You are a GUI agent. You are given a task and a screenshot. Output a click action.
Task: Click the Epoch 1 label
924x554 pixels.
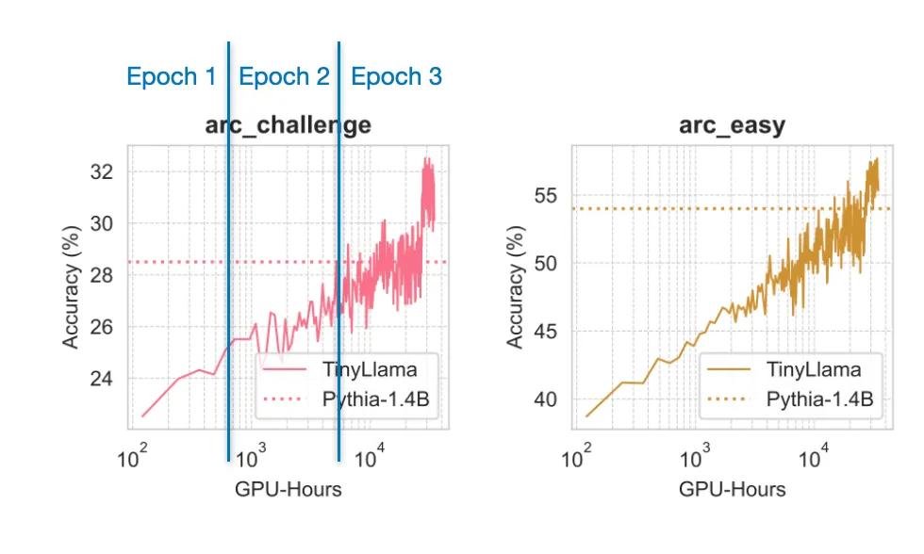(x=172, y=77)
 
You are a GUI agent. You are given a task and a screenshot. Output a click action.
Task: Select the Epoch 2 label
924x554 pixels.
(x=284, y=77)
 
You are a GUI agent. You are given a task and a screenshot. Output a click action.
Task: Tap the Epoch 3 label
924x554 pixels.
(x=396, y=77)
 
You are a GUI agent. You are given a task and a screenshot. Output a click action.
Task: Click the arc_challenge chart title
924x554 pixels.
(x=288, y=125)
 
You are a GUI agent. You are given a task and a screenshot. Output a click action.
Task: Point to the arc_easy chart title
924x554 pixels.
(x=732, y=125)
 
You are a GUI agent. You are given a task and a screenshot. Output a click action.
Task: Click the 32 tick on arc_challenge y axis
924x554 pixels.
(x=100, y=172)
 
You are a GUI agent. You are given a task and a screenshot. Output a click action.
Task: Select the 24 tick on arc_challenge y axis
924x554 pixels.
(x=100, y=379)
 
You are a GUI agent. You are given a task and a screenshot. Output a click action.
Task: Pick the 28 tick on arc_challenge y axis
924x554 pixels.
(x=100, y=275)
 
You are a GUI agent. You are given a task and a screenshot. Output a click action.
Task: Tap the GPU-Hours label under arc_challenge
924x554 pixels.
(x=288, y=490)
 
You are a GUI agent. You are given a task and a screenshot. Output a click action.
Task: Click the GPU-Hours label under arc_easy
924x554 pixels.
(x=732, y=490)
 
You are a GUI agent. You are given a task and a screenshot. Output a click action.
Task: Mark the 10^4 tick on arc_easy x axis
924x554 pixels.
(x=813, y=461)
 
